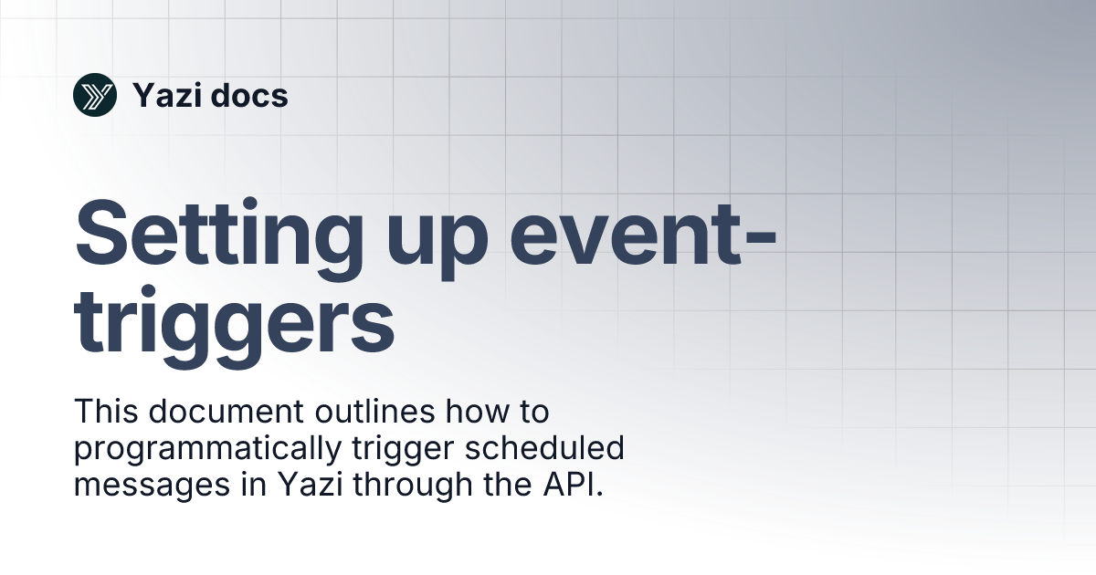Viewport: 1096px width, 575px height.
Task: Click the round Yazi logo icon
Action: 95,95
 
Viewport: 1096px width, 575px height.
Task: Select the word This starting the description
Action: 106,413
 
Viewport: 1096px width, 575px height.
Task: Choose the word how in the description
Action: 470,413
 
